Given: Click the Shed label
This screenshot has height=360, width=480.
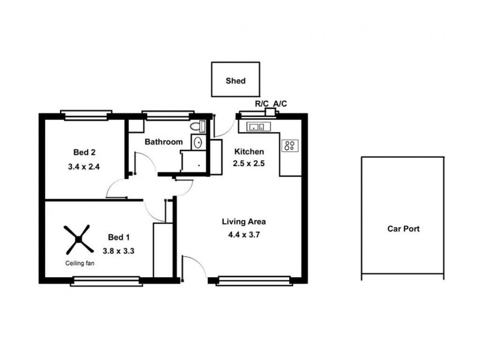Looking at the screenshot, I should (x=235, y=81).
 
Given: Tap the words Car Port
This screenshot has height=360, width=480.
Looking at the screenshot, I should (x=403, y=229).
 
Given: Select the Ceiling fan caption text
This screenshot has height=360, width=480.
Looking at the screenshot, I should (x=79, y=263).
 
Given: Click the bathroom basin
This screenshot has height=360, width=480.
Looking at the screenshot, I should (x=197, y=142).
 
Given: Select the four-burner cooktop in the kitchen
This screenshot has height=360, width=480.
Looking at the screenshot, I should (x=290, y=146).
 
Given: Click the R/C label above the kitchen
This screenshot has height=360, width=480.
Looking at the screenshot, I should (x=262, y=104).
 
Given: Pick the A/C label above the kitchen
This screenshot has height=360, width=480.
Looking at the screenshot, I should (x=280, y=104).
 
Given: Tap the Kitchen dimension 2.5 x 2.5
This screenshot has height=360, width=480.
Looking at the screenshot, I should (x=249, y=163).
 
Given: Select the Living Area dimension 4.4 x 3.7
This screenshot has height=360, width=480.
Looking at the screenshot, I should (x=243, y=235).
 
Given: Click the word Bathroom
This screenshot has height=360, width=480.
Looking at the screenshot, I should (x=163, y=142).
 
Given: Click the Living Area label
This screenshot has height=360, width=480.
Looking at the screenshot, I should (x=244, y=221).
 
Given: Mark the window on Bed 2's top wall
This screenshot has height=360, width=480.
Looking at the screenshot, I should (x=86, y=114).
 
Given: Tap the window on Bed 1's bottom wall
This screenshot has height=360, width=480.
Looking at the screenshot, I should (x=105, y=280).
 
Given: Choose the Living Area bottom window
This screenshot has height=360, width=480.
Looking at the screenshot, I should (x=254, y=280).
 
